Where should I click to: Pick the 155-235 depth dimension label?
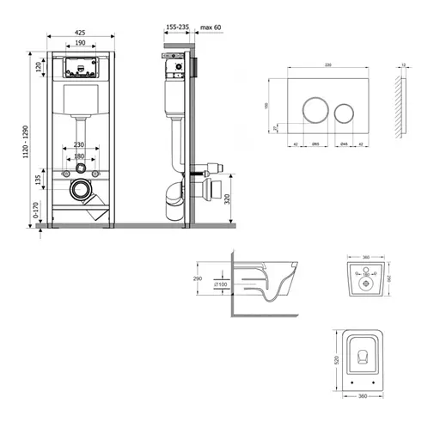178,28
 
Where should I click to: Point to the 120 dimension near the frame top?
39,67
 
